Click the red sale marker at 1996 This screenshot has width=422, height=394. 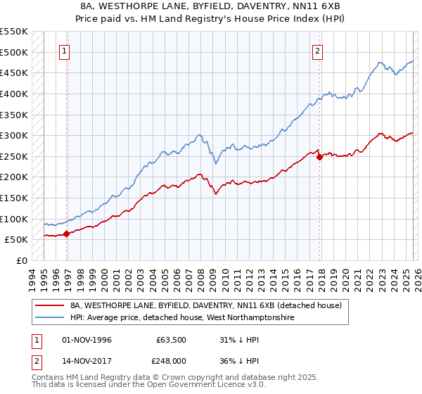point(67,234)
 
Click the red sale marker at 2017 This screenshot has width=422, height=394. point(320,157)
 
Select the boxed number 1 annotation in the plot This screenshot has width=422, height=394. point(64,51)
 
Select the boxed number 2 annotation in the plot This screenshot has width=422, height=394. point(317,51)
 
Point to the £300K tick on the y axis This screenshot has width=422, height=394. point(14,135)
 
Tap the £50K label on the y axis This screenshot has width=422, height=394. point(17,240)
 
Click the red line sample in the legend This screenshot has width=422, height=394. point(50,306)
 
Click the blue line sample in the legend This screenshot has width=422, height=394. point(50,318)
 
